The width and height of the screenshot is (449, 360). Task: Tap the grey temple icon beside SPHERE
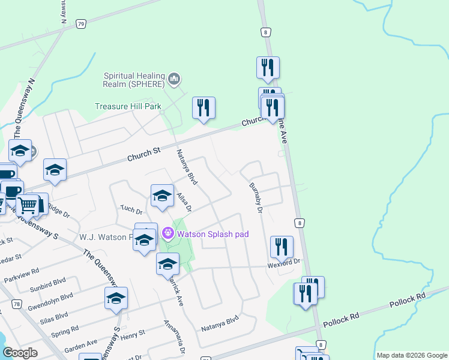[175, 79]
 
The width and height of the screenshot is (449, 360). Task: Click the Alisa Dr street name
[184, 202]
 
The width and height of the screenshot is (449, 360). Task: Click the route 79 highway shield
[81, 23]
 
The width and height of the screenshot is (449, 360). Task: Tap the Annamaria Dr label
[174, 336]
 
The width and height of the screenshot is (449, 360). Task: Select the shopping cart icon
[28, 205]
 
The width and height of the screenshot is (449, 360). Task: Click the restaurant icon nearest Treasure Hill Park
[203, 107]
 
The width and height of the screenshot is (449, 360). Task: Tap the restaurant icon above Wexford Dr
[281, 246]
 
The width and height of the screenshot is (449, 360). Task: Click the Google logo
[20, 353]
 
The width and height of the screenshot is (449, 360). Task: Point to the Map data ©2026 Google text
[412, 355]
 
